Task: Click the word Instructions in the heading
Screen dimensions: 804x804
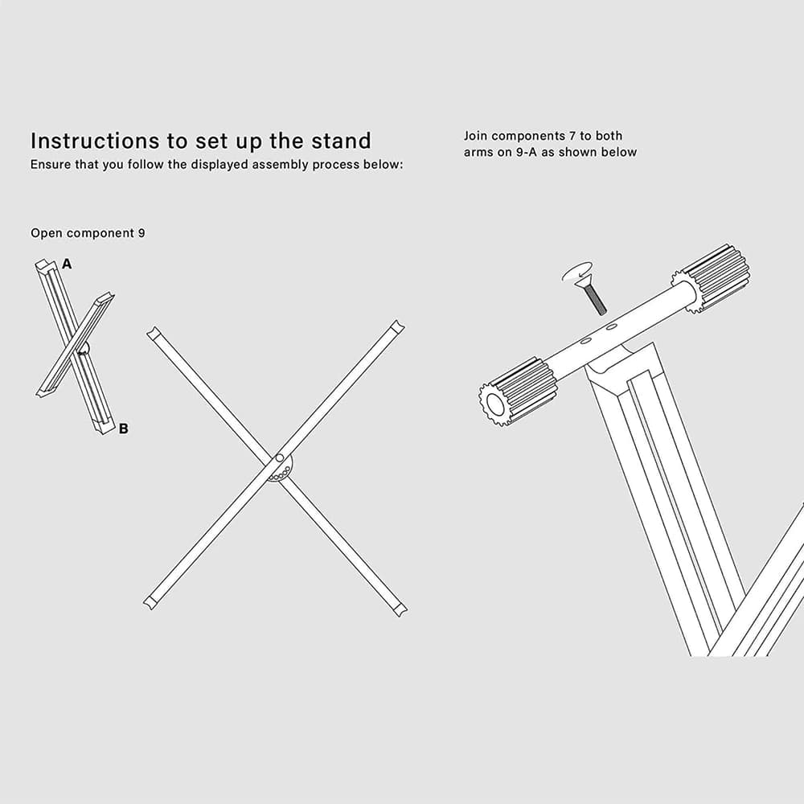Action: click(x=94, y=141)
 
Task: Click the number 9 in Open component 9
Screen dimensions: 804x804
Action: click(x=141, y=233)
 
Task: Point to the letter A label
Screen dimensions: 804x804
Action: click(x=67, y=264)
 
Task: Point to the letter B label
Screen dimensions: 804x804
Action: click(x=123, y=429)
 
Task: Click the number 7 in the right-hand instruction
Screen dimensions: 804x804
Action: click(x=572, y=136)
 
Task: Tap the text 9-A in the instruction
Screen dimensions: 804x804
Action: click(x=526, y=152)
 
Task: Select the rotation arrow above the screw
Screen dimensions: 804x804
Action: click(x=576, y=272)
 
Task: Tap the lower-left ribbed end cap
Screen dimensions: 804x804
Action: click(x=519, y=392)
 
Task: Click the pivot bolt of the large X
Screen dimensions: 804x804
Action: click(x=280, y=458)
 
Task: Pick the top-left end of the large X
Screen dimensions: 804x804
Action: click(x=152, y=333)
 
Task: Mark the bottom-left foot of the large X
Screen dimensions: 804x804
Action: click(x=150, y=603)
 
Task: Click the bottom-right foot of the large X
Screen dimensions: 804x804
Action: click(x=400, y=609)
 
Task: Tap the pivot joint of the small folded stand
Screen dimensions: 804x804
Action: click(x=83, y=350)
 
